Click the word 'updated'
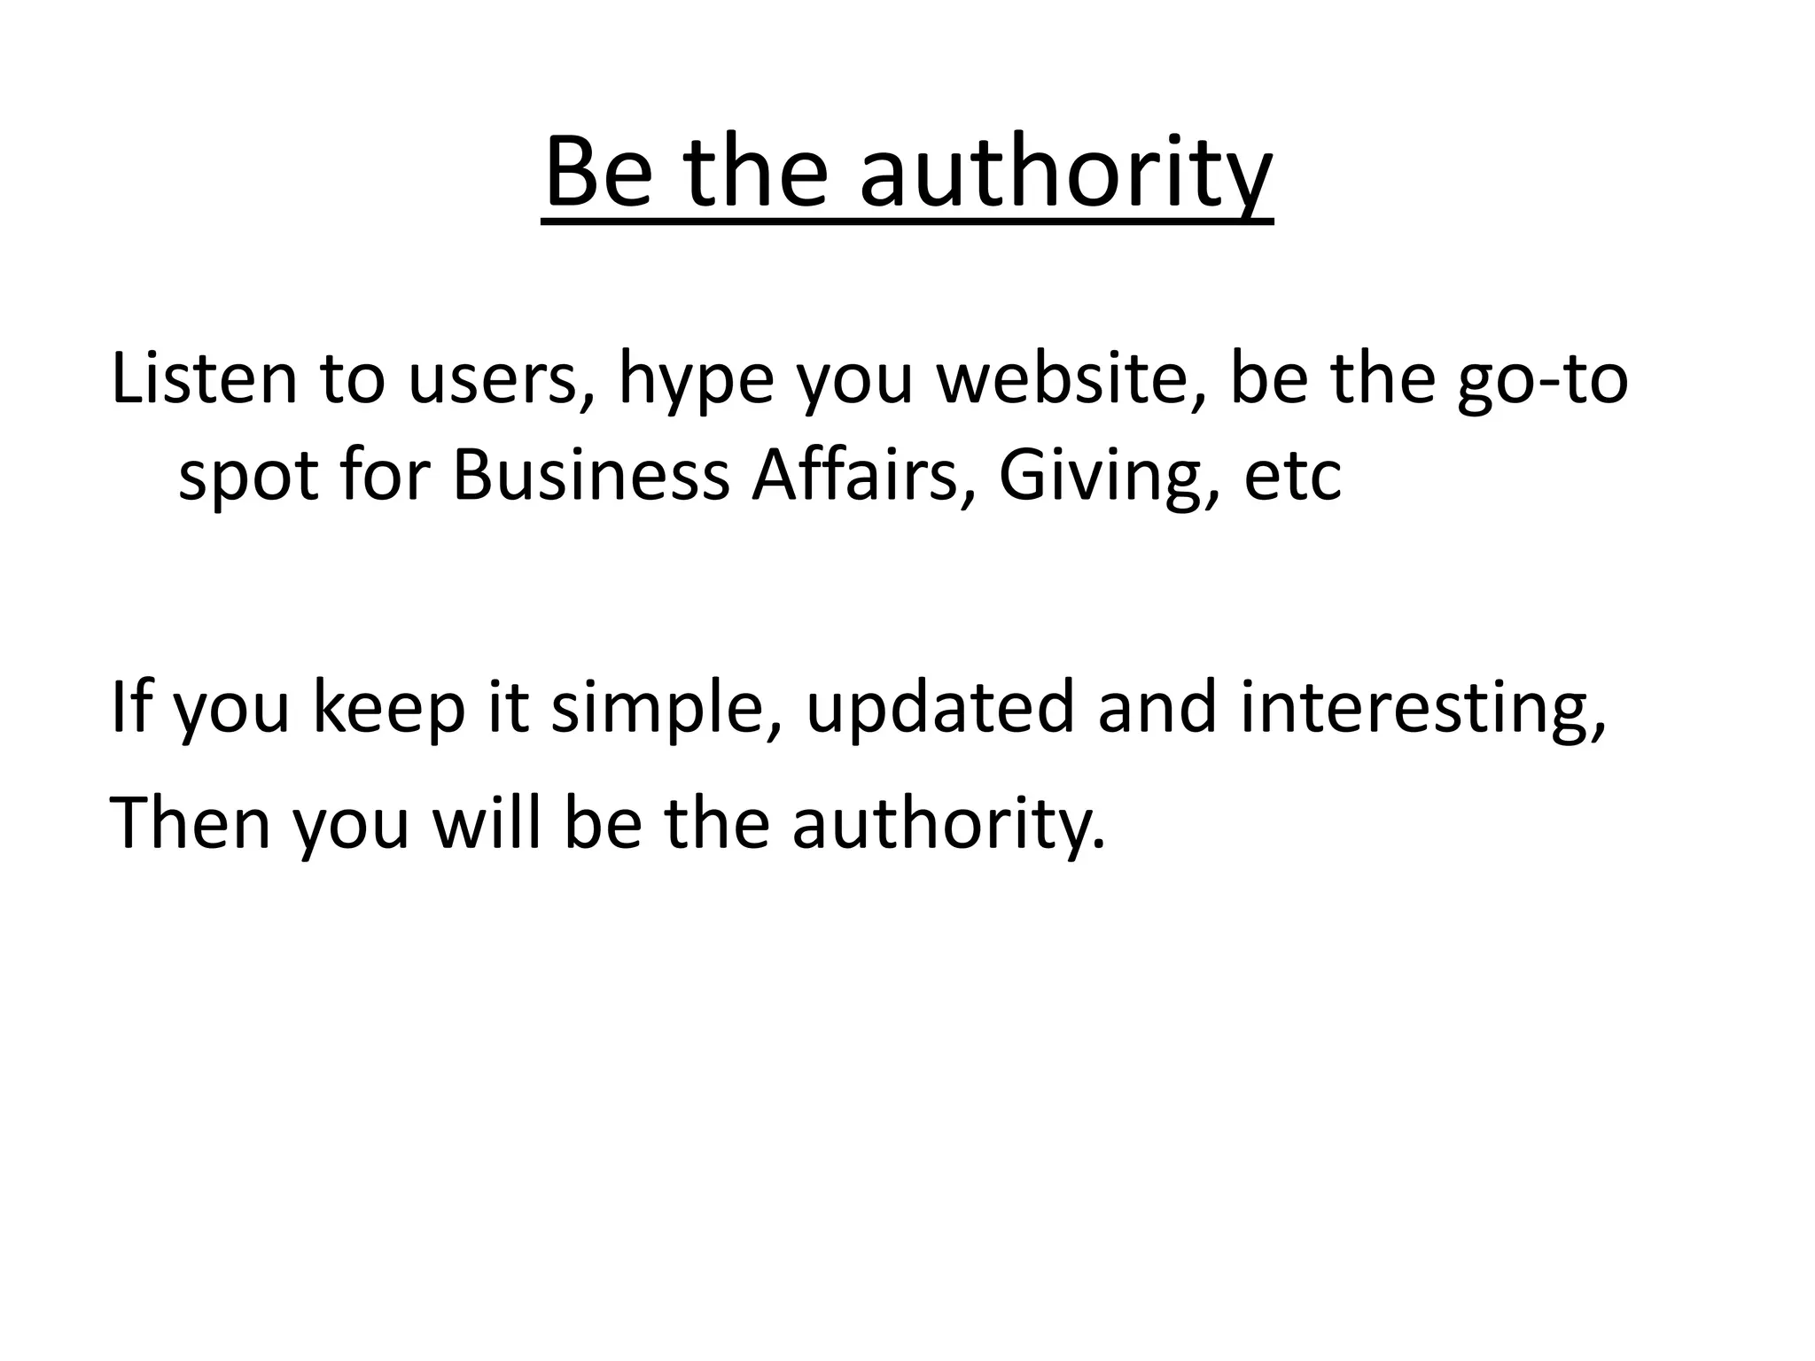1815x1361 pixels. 939,710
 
